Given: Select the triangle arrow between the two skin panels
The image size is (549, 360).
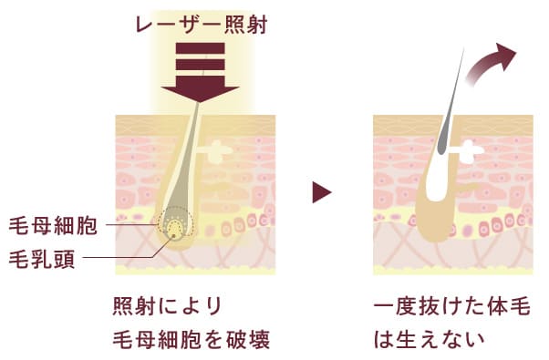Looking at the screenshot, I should [320, 192].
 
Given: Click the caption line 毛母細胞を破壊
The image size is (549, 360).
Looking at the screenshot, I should [191, 339].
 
